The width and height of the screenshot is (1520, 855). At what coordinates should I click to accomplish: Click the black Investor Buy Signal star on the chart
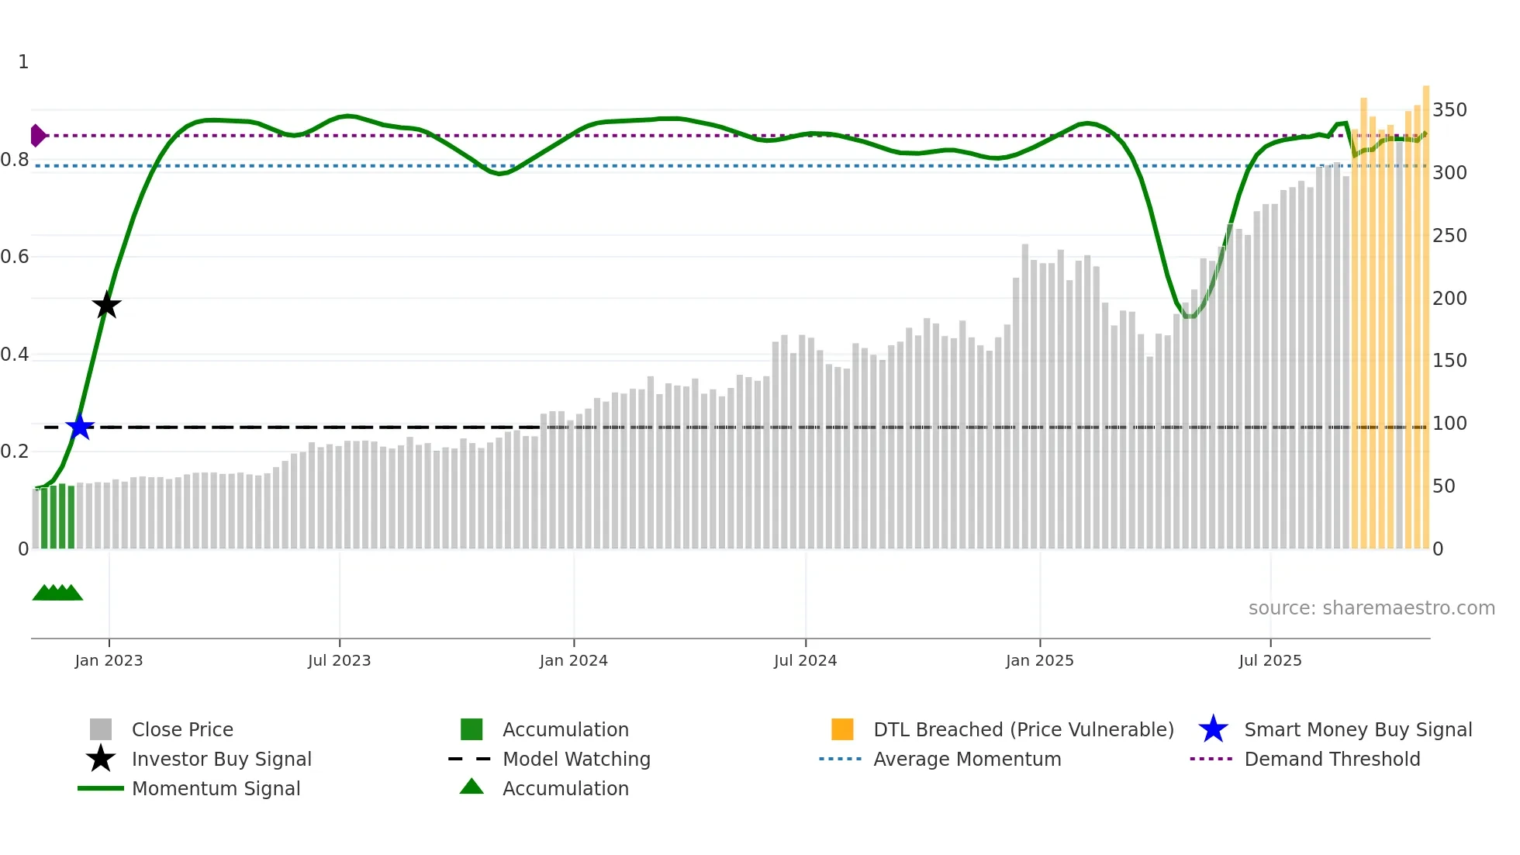tap(106, 305)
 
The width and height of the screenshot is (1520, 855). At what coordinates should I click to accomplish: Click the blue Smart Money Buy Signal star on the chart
tap(80, 427)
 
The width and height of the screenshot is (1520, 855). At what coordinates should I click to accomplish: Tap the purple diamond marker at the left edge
tap(37, 136)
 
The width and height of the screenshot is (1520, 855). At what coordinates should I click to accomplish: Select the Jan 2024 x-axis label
tap(573, 661)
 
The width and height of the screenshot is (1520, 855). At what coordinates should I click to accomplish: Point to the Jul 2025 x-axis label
tap(1270, 661)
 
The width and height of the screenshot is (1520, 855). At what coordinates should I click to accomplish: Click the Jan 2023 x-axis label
tap(109, 661)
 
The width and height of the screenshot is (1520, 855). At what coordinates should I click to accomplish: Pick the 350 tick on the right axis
tap(1449, 110)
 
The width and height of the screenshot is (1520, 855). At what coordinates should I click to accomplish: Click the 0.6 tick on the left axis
tap(15, 257)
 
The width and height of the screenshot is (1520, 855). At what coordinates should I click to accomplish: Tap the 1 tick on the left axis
tap(23, 62)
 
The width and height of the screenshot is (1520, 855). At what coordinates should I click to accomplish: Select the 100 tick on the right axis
tap(1449, 424)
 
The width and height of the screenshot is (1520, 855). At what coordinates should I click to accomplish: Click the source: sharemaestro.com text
tap(1371, 608)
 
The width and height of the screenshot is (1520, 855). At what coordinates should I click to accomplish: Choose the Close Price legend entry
tap(182, 730)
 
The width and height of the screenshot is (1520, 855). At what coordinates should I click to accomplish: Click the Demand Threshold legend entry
tap(1332, 760)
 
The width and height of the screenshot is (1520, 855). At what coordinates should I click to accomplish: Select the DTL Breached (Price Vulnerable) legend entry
tap(1023, 730)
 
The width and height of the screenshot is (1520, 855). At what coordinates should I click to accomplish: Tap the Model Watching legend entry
tap(575, 760)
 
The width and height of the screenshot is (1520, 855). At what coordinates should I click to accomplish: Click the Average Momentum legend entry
tap(966, 760)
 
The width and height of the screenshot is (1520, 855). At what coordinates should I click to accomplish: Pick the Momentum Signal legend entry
tap(216, 789)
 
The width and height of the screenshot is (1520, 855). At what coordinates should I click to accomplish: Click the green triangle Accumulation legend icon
tap(472, 787)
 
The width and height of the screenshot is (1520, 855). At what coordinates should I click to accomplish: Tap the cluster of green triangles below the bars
tap(57, 594)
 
